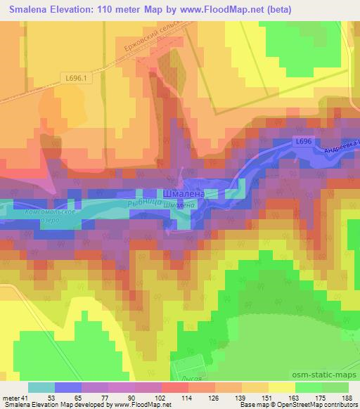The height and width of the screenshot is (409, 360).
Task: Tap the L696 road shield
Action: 303,141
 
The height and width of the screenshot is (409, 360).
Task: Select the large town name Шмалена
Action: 184,193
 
